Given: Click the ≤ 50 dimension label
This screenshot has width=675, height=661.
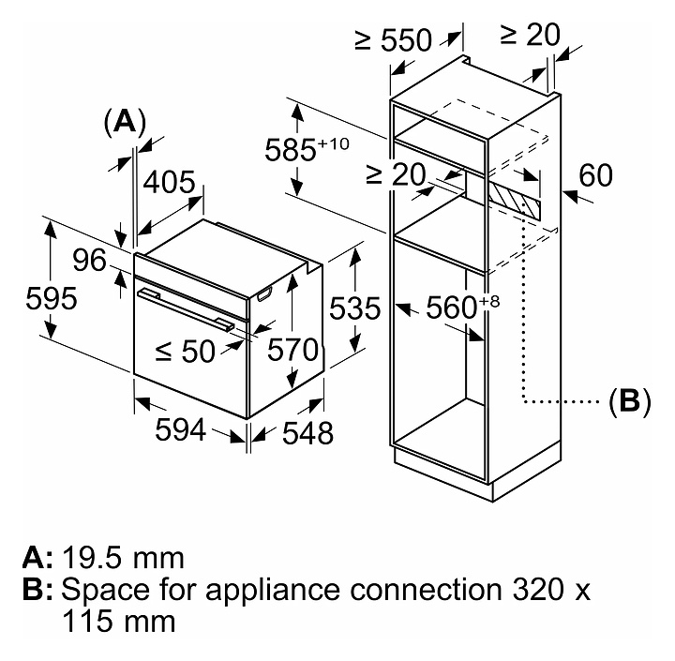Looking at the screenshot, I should coord(185,352).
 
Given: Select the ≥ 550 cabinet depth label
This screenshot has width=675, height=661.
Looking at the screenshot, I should coord(393,39).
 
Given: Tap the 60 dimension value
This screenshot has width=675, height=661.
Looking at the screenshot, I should coord(596,175).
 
